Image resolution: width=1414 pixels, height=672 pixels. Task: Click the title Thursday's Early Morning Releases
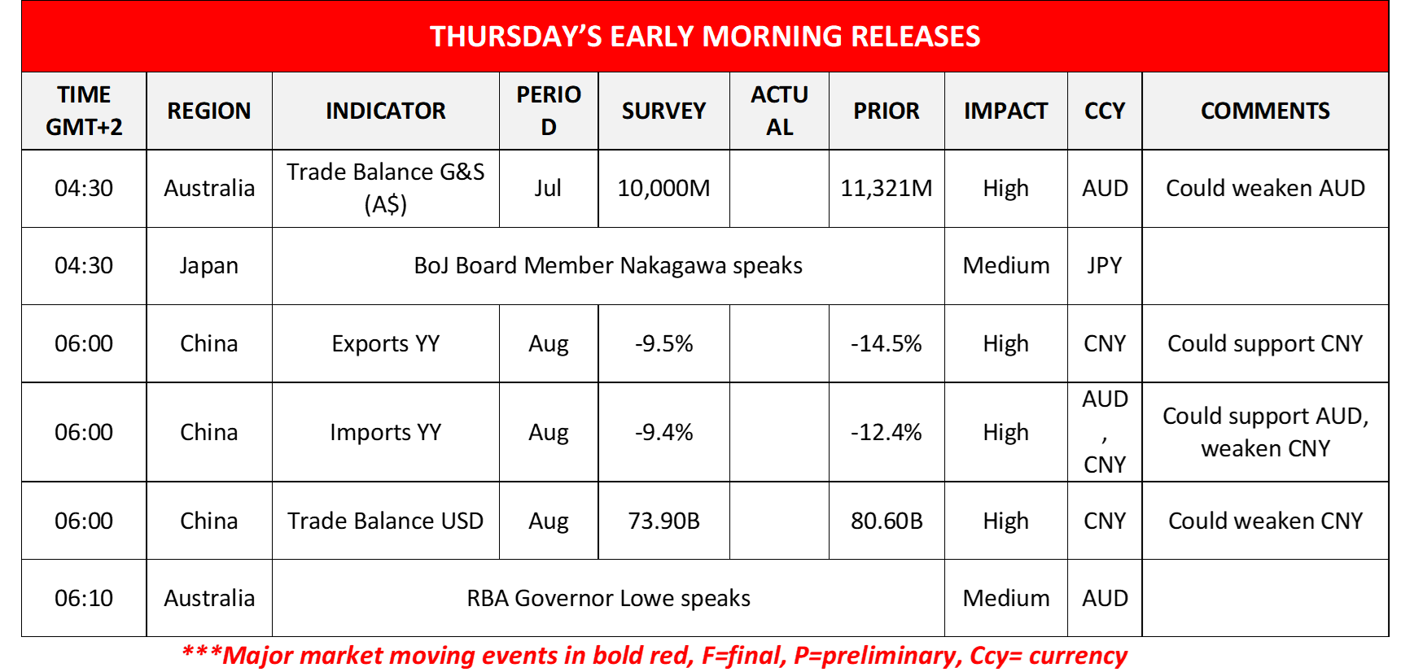click(705, 37)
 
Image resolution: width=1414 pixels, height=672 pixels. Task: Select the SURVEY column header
click(663, 111)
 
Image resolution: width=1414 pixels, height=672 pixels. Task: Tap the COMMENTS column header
click(1265, 111)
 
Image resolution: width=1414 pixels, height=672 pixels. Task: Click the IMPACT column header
click(1005, 111)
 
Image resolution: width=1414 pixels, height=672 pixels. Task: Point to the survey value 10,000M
click(663, 189)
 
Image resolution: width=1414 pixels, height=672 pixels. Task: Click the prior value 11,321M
click(886, 189)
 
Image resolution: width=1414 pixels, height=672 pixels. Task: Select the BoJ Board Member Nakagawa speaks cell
click(608, 266)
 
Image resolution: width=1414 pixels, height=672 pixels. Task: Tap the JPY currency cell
click(1105, 266)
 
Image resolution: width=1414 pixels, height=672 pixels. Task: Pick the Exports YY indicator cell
click(385, 344)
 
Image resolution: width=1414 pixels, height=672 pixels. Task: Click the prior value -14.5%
click(886, 344)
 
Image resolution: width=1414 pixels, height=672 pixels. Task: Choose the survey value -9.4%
click(663, 433)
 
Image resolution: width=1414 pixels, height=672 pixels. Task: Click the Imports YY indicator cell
click(385, 433)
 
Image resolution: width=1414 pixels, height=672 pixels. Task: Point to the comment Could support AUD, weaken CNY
click(1265, 432)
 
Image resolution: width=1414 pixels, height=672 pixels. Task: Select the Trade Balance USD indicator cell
click(385, 521)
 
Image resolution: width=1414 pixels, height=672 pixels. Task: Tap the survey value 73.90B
click(663, 521)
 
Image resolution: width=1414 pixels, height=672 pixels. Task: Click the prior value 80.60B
click(886, 521)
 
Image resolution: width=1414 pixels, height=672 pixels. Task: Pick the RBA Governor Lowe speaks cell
click(608, 599)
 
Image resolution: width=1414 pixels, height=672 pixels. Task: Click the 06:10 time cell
click(84, 599)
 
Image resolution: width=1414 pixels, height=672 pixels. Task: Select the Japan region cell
click(209, 266)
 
